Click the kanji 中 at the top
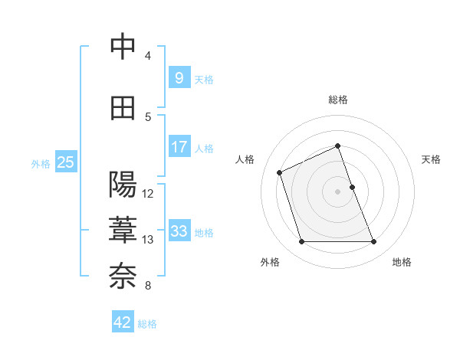[x=123, y=47]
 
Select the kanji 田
[x=123, y=108]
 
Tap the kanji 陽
[x=123, y=185]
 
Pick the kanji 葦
[x=123, y=230]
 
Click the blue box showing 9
[x=179, y=78]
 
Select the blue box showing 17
[x=179, y=147]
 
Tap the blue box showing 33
[x=179, y=231]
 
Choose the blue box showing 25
[x=65, y=162]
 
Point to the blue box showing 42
[x=122, y=322]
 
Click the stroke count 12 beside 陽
[x=148, y=194]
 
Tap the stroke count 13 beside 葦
[x=148, y=240]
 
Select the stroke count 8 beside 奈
[x=148, y=286]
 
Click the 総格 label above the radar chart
[x=338, y=100]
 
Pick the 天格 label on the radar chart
[x=431, y=159]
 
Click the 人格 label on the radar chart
[x=245, y=159]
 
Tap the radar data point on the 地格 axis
[x=374, y=242]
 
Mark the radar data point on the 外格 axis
[x=301, y=242]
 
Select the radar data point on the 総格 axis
[x=338, y=146]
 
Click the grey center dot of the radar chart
[x=338, y=191]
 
